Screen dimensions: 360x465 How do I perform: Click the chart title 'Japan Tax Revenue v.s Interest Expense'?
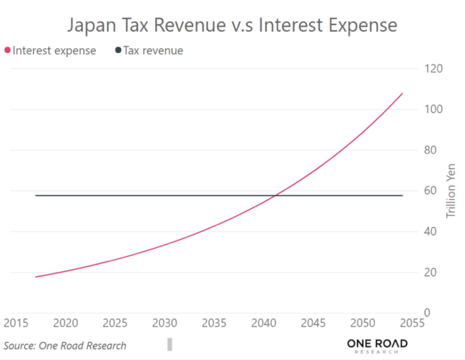[x=232, y=26]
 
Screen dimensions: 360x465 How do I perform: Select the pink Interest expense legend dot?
[x=8, y=51]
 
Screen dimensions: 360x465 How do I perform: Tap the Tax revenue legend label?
[x=153, y=51]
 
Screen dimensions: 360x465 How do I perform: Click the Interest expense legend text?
[x=54, y=51]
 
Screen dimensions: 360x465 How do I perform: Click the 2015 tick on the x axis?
[x=16, y=323]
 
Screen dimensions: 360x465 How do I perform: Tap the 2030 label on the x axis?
[x=165, y=323]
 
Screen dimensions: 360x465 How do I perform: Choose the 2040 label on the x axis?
[x=264, y=323]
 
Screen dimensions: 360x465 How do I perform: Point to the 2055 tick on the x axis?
[x=412, y=323]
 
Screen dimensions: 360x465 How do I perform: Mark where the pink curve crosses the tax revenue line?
[x=276, y=195]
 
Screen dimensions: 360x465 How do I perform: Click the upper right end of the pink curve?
[x=403, y=93]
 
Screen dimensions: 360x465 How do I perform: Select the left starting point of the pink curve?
[x=35, y=277]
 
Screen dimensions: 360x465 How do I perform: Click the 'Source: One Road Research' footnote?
[x=65, y=346]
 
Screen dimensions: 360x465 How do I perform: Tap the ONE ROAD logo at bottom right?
[x=377, y=346]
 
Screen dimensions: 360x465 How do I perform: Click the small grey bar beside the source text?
[x=170, y=344]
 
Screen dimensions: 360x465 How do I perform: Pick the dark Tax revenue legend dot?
[x=117, y=51]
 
